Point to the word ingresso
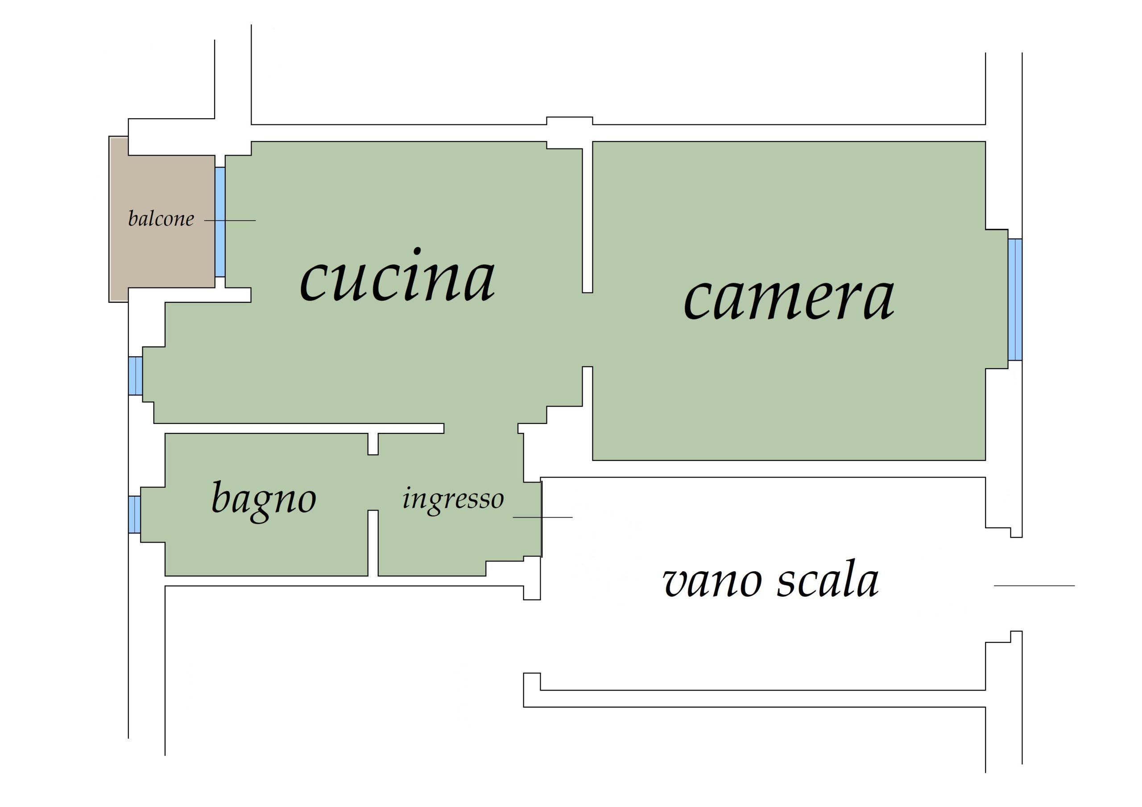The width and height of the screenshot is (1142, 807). tap(453, 501)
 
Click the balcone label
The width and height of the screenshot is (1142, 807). tap(161, 218)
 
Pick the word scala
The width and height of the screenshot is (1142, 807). tap(828, 578)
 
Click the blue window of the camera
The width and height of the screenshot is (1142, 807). tap(1015, 300)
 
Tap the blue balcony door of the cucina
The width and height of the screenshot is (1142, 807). tap(220, 222)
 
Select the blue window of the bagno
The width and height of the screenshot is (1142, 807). tap(134, 515)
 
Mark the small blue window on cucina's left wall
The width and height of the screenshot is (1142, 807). tap(136, 376)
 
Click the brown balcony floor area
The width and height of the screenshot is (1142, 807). tap(162, 219)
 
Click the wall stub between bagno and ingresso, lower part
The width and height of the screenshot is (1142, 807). tap(373, 543)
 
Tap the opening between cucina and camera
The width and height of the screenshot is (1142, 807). tap(588, 329)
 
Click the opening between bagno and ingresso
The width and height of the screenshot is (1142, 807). tap(373, 482)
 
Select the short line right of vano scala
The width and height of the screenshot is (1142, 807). tap(1034, 586)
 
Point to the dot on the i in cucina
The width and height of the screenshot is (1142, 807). tap(417, 251)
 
